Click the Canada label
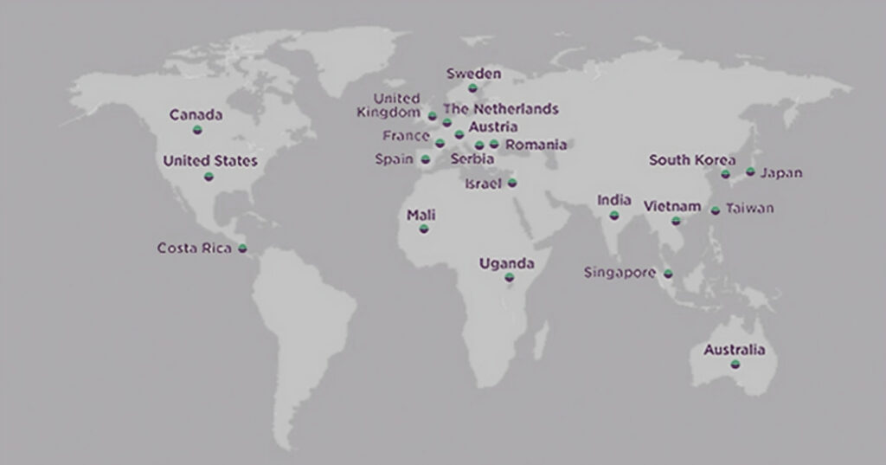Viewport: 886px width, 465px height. click(196, 115)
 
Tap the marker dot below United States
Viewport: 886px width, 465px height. click(209, 177)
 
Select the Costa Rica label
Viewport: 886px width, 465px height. click(195, 249)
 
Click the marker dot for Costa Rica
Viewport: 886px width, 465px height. click(242, 249)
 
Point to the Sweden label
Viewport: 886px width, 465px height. click(473, 74)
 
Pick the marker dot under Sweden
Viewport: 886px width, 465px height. click(472, 87)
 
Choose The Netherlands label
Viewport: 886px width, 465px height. click(501, 109)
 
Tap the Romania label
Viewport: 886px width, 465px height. click(536, 145)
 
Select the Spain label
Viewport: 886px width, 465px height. click(394, 159)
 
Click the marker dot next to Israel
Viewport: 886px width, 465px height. click(512, 183)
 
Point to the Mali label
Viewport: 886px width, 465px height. click(421, 215)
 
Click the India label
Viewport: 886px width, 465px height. click(614, 201)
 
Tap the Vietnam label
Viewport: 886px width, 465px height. click(672, 207)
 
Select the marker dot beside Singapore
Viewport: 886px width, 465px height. click(668, 274)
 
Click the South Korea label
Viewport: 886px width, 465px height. click(692, 160)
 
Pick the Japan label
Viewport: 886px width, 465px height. click(781, 173)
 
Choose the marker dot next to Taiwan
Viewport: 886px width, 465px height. click(716, 210)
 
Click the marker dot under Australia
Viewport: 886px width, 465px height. click(735, 365)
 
